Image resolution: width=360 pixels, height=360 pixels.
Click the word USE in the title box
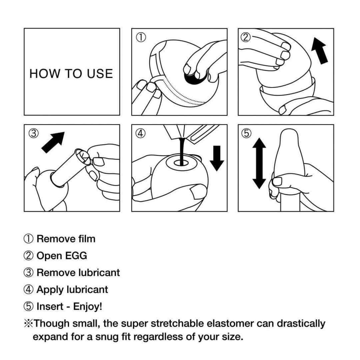[100, 74]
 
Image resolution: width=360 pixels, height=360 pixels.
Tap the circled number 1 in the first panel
[141, 37]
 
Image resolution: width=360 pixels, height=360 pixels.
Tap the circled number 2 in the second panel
[245, 37]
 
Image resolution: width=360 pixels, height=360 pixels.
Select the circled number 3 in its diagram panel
[33, 133]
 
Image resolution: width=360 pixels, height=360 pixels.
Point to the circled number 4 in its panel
[141, 133]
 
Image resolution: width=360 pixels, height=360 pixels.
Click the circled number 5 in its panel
[246, 133]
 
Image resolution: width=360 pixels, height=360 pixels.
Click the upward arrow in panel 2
[320, 51]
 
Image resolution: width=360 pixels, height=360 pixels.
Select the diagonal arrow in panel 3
[53, 142]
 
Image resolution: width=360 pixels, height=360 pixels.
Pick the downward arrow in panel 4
[217, 158]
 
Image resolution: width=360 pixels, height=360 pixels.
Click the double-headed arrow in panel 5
[259, 163]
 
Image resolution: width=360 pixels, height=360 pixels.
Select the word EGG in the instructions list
[76, 256]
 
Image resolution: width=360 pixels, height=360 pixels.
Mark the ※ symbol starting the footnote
[28, 324]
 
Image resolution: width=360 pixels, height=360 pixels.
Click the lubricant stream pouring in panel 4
[182, 152]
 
